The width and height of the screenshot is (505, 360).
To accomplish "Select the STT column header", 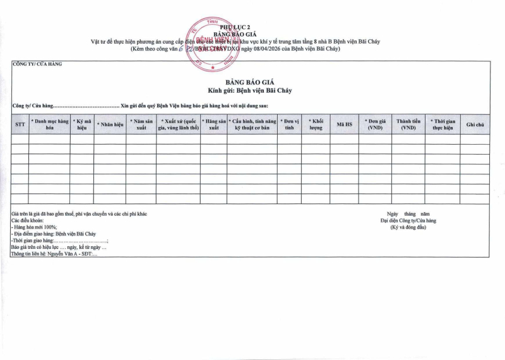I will [x=20, y=124].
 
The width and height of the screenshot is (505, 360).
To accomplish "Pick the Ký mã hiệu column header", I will [x=83, y=124].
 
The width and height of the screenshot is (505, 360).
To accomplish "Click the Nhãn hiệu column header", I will [x=110, y=124].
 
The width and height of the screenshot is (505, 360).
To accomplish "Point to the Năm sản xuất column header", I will [x=141, y=124].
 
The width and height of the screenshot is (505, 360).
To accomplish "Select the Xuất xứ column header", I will [x=179, y=124].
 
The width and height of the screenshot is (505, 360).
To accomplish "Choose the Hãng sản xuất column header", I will [x=214, y=124].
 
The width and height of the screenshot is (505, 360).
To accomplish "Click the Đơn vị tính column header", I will [x=290, y=124].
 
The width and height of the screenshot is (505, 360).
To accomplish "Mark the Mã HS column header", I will [x=344, y=124].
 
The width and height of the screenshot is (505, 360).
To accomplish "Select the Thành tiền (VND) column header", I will [x=408, y=124].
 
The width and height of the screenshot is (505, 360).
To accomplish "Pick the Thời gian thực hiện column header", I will [x=443, y=124].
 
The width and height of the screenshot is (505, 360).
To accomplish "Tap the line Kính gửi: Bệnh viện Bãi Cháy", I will [x=249, y=91].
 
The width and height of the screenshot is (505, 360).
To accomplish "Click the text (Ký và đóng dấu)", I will [x=408, y=227].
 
